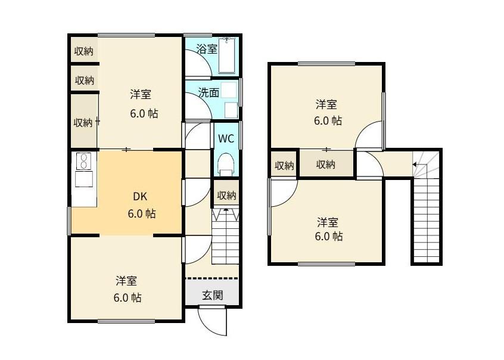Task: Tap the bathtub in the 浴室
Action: pyautogui.click(x=228, y=57)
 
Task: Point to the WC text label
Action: pyautogui.click(x=225, y=139)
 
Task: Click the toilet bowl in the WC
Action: pyautogui.click(x=226, y=163)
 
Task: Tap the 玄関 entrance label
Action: pyautogui.click(x=212, y=294)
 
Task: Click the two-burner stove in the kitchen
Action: pyautogui.click(x=83, y=162)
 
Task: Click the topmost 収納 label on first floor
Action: pyautogui.click(x=83, y=51)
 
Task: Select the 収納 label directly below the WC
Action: pyautogui.click(x=226, y=195)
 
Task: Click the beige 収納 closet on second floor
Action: pyautogui.click(x=325, y=165)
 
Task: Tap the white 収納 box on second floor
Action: pyautogui.click(x=284, y=165)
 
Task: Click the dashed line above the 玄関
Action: pyautogui.click(x=211, y=278)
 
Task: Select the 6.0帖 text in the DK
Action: pyautogui.click(x=142, y=213)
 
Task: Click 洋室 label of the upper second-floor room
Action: pyautogui.click(x=326, y=105)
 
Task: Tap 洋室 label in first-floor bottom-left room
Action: pyautogui.click(x=127, y=280)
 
